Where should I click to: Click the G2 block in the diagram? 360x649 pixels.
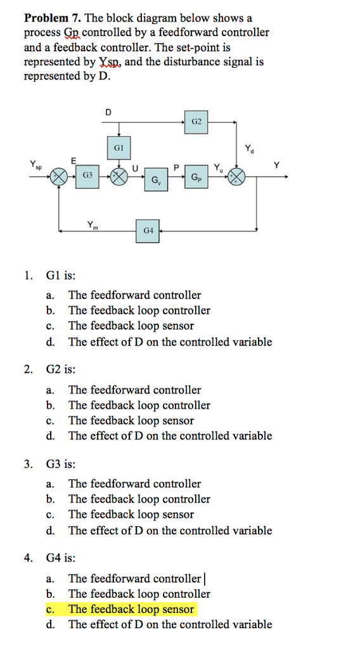(x=197, y=121)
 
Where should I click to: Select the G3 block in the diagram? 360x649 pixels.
(x=88, y=175)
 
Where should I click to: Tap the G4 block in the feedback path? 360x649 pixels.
(x=148, y=229)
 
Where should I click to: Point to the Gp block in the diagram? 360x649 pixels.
(x=197, y=178)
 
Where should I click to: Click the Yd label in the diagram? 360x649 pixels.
(x=248, y=149)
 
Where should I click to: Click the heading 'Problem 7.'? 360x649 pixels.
(x=51, y=18)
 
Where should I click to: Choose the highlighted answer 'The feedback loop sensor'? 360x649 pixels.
(x=131, y=609)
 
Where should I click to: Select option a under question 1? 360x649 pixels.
(x=134, y=295)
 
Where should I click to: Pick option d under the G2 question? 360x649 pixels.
(x=170, y=435)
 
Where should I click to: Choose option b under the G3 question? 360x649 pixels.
(x=139, y=499)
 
